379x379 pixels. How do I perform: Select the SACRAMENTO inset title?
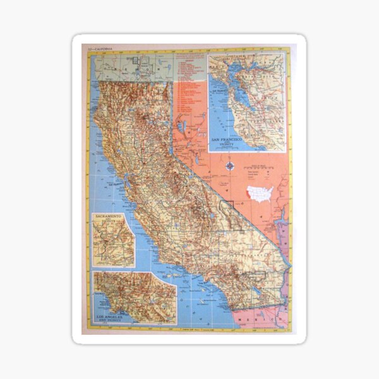coord(109,217)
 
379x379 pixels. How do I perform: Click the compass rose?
coord(231,167)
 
